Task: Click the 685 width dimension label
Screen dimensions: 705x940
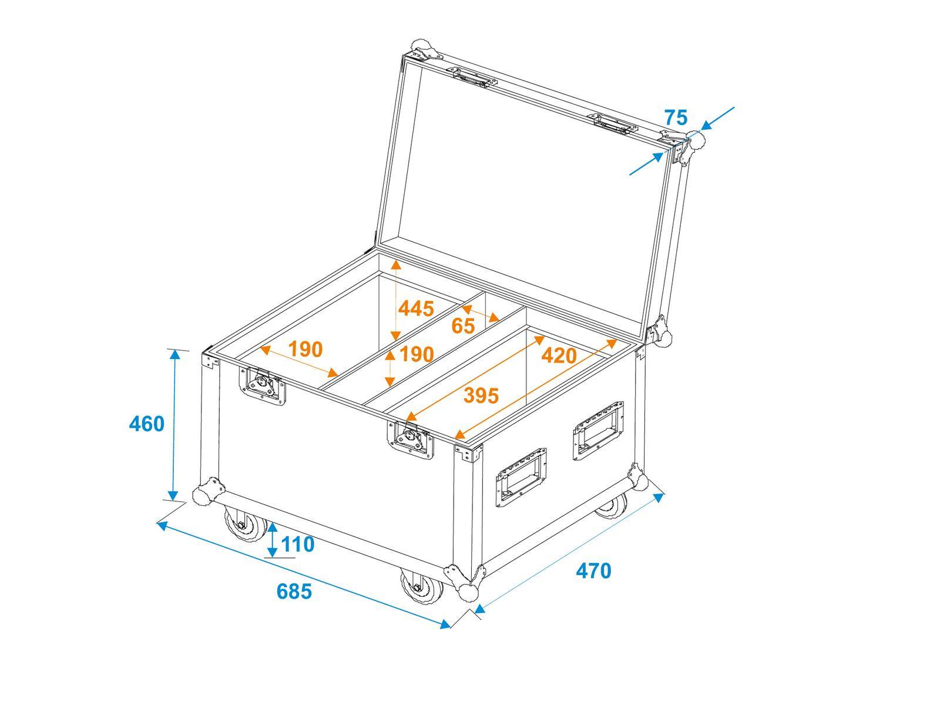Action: [x=294, y=591]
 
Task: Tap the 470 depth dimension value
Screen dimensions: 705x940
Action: [x=593, y=570]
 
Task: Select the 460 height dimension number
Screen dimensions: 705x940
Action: [x=146, y=424]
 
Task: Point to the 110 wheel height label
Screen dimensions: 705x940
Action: [x=298, y=545]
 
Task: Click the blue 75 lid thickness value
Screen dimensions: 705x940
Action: [x=676, y=117]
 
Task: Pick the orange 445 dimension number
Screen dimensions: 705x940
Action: [x=416, y=308]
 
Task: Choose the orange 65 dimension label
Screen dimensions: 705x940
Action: [x=463, y=325]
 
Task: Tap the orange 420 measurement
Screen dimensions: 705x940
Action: [x=559, y=355]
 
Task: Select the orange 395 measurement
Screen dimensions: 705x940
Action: [x=481, y=395]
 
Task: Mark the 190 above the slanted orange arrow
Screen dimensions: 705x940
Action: [x=305, y=350]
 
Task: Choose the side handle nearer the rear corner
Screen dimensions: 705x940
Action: [x=597, y=432]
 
